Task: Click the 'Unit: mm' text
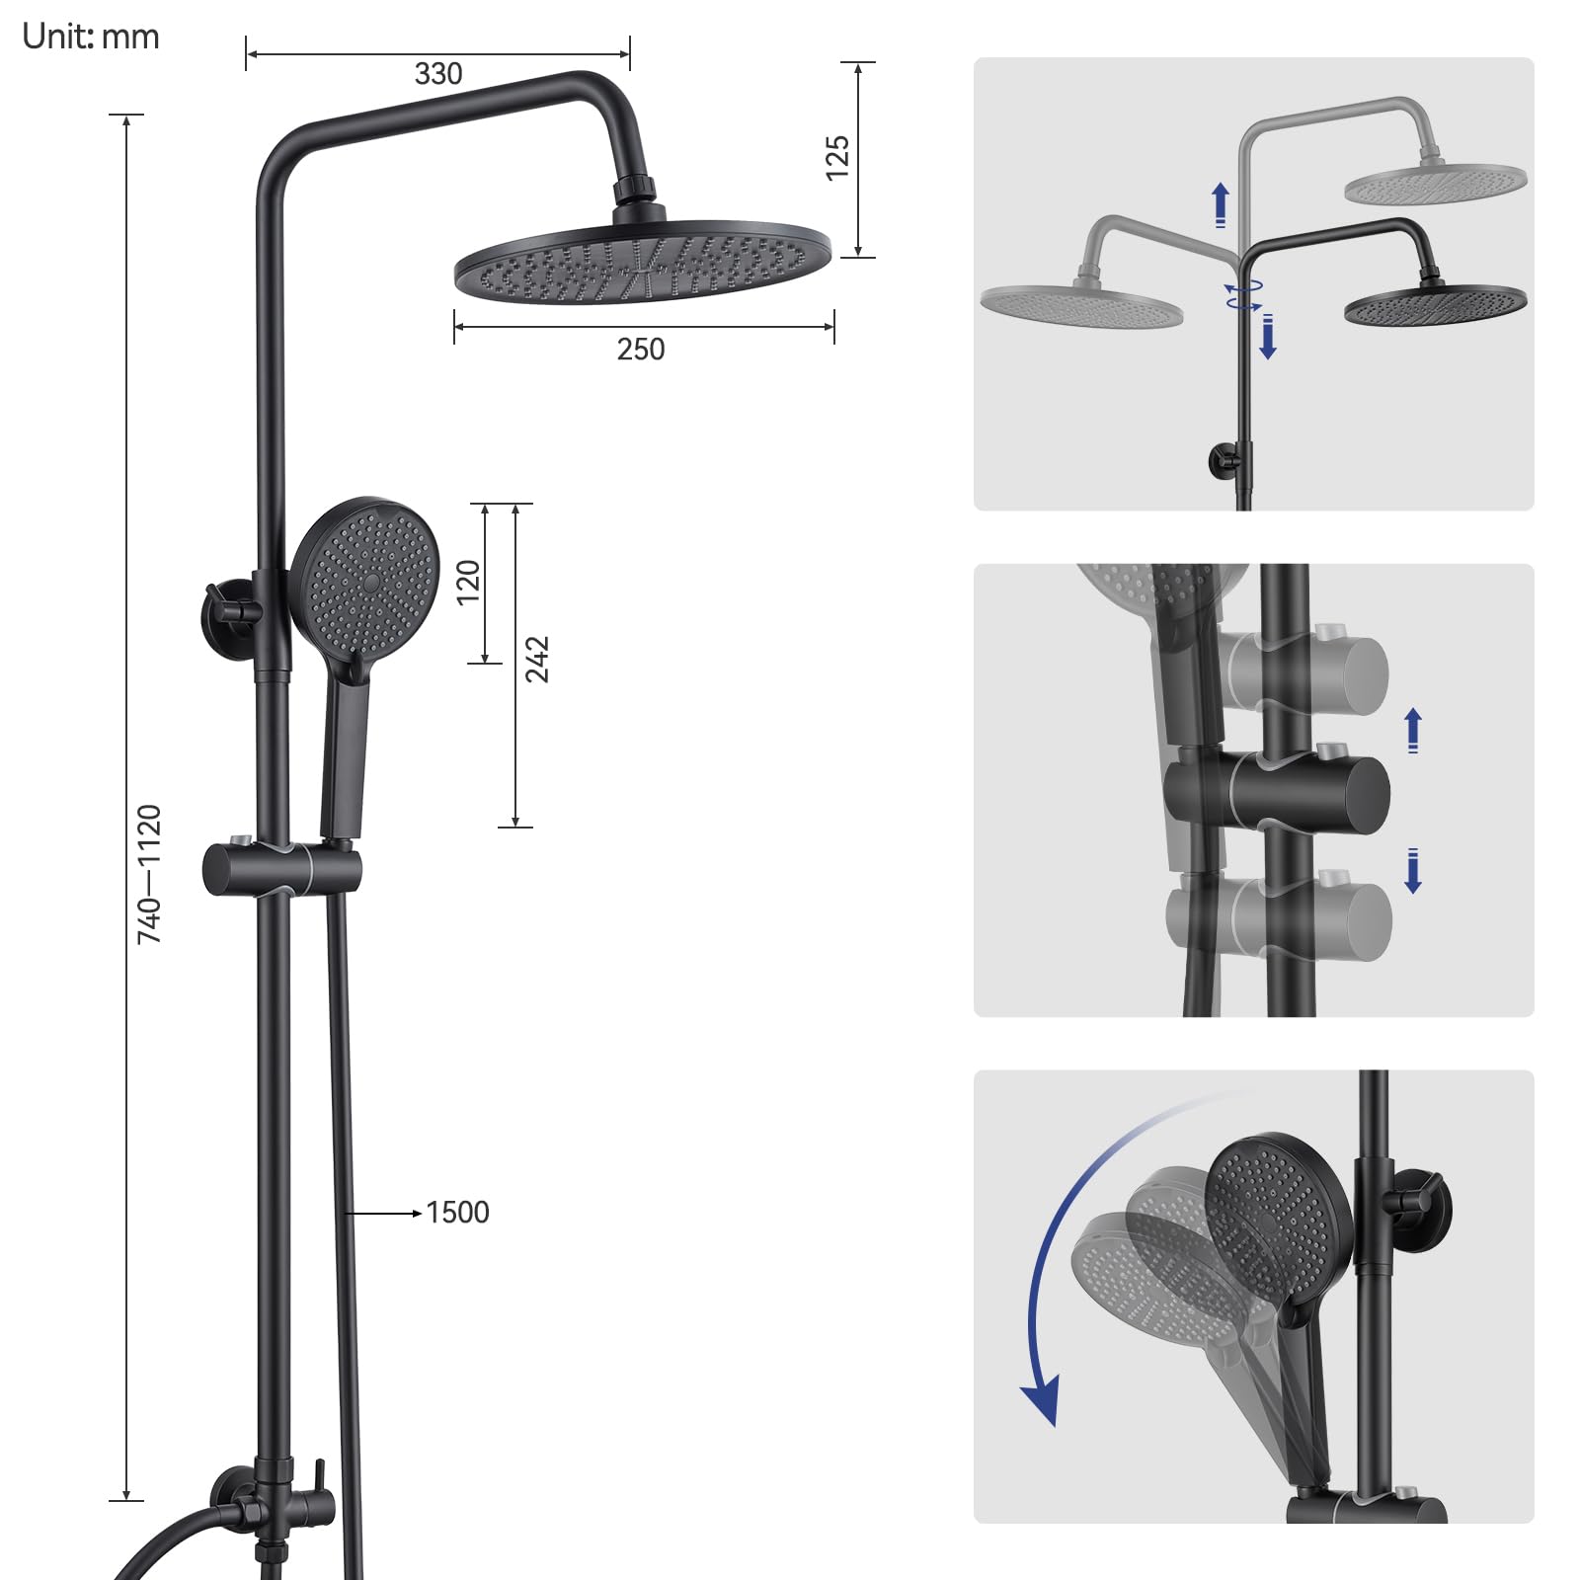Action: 90,37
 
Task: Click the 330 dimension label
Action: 438,74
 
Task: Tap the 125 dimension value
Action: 836,158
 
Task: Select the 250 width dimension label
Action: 641,350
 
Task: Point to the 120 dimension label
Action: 468,583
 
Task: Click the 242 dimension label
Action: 536,660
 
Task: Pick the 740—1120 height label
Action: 149,874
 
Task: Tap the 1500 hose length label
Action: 457,1213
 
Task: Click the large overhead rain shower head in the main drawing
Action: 642,262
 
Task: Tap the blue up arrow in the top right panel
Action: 1221,205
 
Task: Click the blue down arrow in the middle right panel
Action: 1413,871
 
